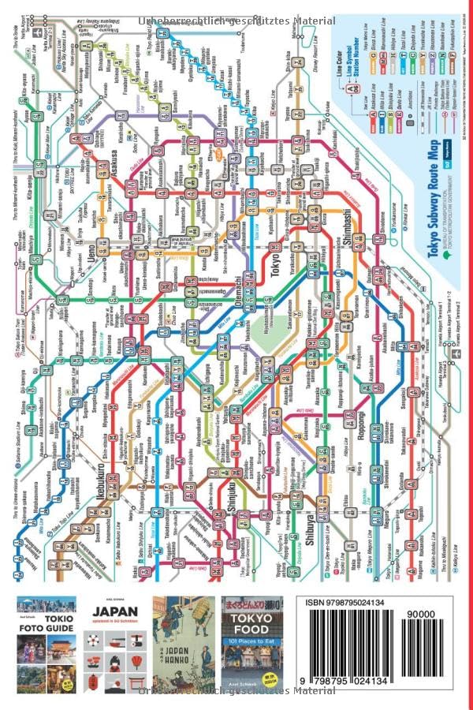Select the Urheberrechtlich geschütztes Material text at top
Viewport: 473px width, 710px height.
(x=236, y=21)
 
